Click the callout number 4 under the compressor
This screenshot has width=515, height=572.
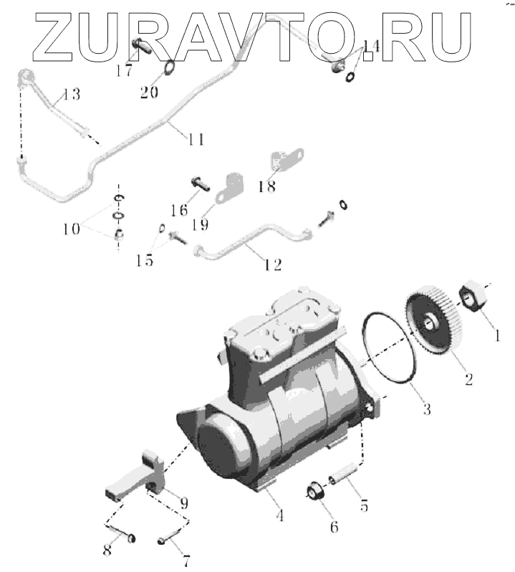pyautogui.click(x=280, y=514)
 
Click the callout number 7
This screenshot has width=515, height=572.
pyautogui.click(x=187, y=561)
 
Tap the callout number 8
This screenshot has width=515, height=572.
pyautogui.click(x=107, y=550)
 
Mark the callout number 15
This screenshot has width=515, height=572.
pyautogui.click(x=145, y=261)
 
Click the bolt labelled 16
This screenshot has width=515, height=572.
pyautogui.click(x=201, y=183)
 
